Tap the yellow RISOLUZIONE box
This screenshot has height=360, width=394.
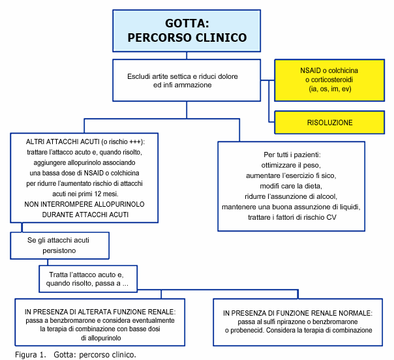[x=329, y=123]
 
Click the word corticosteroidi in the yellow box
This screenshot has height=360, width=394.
[x=329, y=80]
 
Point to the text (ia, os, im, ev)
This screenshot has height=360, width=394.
[x=329, y=89]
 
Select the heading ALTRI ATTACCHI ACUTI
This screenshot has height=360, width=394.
[x=63, y=142]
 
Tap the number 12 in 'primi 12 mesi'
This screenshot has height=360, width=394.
[x=98, y=194]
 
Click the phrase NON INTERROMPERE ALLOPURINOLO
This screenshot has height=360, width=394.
[x=84, y=204]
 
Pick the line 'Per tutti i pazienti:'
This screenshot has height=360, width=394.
[x=292, y=155]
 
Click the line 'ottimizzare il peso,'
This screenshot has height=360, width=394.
[x=291, y=165]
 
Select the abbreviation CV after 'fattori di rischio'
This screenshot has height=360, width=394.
[x=331, y=217]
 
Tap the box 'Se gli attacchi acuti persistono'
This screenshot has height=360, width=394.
[x=60, y=245]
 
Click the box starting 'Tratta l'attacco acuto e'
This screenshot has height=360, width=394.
[x=88, y=279]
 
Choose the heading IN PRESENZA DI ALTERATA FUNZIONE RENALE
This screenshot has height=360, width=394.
[x=100, y=312]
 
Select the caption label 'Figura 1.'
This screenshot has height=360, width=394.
[x=31, y=355]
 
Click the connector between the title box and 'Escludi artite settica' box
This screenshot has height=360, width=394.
[x=187, y=55]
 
